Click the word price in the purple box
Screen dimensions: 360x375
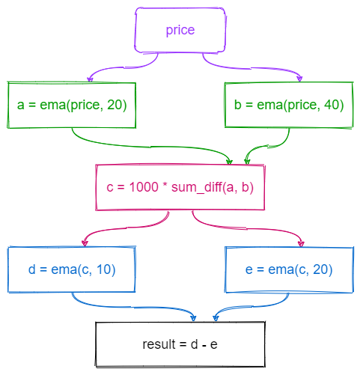coord(180,31)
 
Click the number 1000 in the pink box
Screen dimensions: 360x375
coord(144,187)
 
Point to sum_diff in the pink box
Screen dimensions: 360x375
coord(197,187)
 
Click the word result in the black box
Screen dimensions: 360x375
coord(159,344)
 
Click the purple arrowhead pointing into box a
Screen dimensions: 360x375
coord(90,79)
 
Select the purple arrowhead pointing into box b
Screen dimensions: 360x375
coord(300,79)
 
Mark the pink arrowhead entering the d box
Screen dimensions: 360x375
coord(85,243)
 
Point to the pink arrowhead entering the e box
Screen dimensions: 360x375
coord(301,243)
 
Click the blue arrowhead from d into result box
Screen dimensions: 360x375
coord(193,318)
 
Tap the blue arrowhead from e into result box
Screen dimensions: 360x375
coord(216,318)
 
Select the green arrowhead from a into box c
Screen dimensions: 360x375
coord(229,162)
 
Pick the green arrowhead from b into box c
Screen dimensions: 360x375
coord(247,161)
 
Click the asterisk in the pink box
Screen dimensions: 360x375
coord(165,185)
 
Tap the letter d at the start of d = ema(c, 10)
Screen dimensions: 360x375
coord(31,269)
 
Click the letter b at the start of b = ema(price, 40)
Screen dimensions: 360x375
coord(238,105)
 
